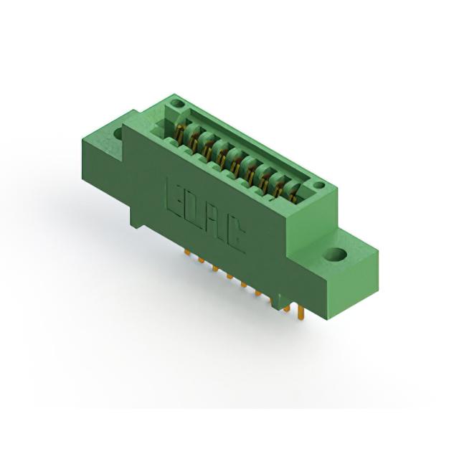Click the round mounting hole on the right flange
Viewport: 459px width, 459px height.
point(336,255)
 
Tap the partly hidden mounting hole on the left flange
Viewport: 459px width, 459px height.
point(118,133)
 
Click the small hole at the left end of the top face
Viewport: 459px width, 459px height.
point(176,103)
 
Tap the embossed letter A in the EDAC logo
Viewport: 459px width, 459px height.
point(212,223)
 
